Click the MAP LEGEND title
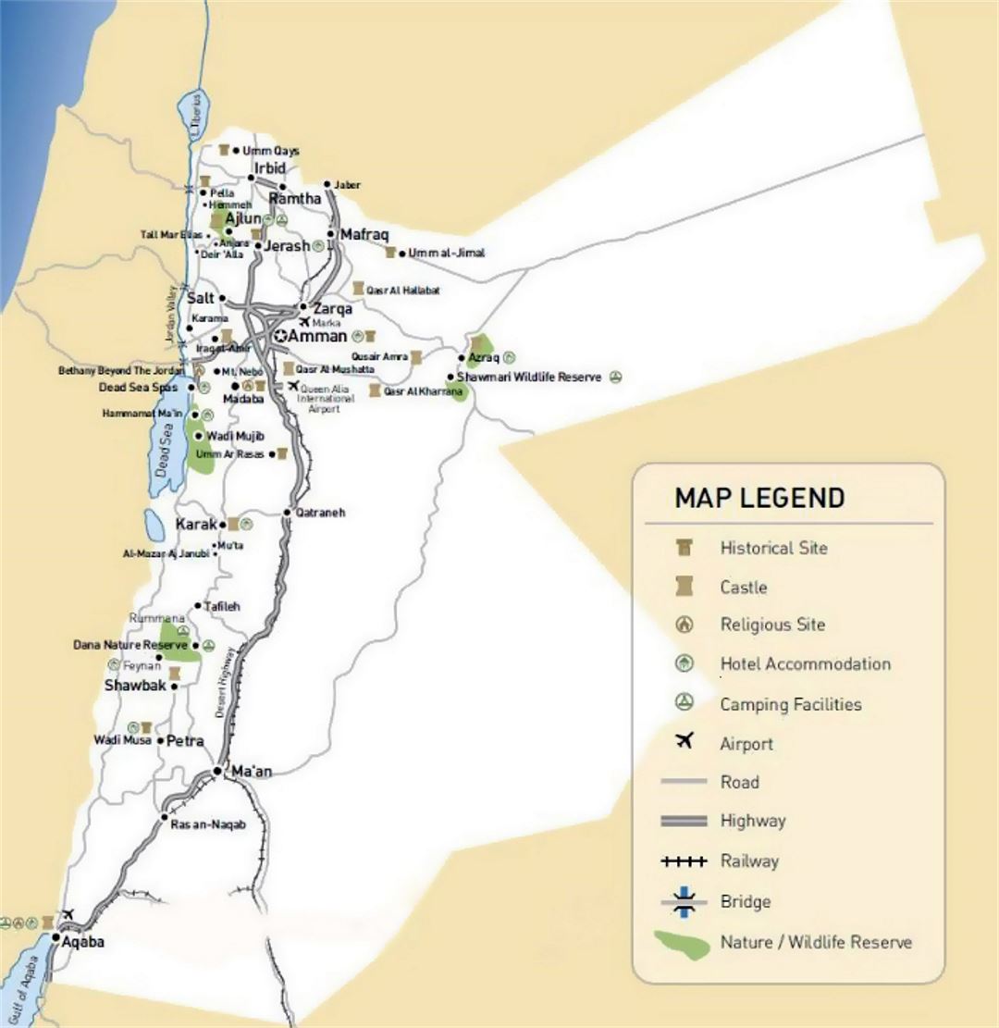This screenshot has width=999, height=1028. (758, 498)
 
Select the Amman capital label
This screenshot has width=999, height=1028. (317, 337)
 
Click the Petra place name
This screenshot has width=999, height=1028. (185, 741)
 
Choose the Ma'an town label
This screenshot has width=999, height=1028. (252, 771)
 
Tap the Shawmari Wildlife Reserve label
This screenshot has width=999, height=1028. (529, 378)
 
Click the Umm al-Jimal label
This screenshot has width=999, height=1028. (446, 253)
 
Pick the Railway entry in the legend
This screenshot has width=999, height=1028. (749, 861)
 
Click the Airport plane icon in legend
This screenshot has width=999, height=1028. (684, 741)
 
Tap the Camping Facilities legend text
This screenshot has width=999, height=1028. (790, 704)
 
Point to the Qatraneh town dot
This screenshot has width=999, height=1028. (288, 512)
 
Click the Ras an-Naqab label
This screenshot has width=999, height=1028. (208, 824)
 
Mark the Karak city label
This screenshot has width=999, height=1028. (195, 525)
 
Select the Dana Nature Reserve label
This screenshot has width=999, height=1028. (130, 645)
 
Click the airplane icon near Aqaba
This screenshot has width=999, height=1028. (67, 915)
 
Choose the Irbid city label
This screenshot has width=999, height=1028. (270, 168)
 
